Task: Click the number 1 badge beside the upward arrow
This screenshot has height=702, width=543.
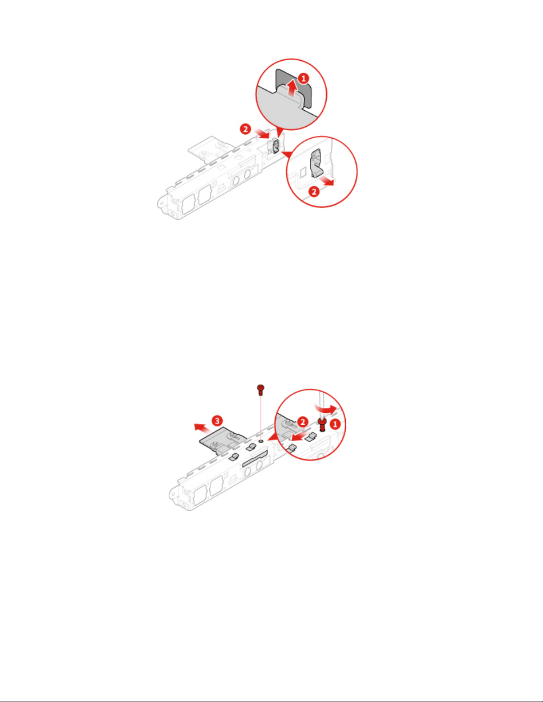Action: (304, 78)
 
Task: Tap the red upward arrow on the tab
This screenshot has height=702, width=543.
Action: (293, 88)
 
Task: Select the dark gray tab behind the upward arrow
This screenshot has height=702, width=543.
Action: (294, 88)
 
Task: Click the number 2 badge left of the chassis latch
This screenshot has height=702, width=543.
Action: (246, 129)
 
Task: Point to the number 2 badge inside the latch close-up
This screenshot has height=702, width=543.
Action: (314, 192)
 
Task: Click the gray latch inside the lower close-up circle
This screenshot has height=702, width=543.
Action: (316, 163)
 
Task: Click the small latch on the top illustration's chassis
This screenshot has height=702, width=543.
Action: (276, 146)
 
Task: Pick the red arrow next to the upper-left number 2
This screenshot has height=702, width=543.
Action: (262, 133)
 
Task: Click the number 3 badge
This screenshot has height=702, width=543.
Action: (217, 421)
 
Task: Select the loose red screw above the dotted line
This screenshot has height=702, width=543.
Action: (261, 390)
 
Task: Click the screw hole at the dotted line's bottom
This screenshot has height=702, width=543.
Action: (261, 440)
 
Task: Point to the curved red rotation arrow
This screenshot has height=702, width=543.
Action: (327, 409)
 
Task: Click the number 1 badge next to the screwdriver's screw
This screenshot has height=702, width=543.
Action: (335, 424)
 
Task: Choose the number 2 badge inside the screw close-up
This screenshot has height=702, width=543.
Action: (302, 422)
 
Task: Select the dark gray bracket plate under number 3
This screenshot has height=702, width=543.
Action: (223, 441)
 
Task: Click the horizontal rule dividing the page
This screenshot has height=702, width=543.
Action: (266, 289)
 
